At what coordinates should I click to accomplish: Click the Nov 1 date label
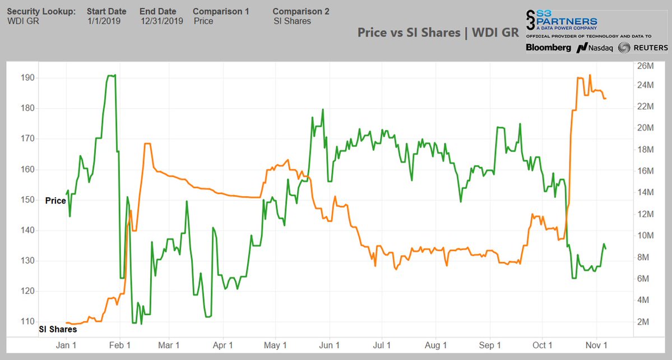point(597,345)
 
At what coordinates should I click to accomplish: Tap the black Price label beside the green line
point(55,201)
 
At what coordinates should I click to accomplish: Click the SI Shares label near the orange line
point(58,330)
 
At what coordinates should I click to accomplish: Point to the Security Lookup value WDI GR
point(23,21)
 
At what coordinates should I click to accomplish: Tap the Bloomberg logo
point(548,48)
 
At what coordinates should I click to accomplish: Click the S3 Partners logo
point(560,21)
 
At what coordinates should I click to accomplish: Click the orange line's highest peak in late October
point(590,75)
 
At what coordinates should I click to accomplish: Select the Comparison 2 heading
point(300,11)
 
